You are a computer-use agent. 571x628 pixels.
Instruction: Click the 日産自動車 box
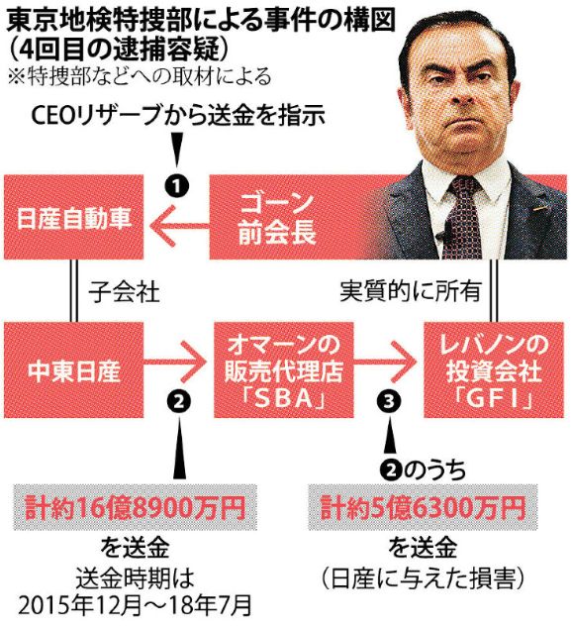click(73, 217)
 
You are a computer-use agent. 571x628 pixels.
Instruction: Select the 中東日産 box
click(73, 370)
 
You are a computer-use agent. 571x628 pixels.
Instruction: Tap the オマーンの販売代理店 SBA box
click(284, 370)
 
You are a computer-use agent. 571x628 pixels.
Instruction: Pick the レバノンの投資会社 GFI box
click(496, 370)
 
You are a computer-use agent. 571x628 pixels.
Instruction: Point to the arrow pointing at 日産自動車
click(179, 225)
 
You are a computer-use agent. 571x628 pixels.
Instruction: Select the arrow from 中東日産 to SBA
click(173, 362)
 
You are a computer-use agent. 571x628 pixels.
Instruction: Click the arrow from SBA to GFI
click(384, 362)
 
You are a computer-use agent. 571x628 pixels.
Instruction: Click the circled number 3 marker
click(389, 401)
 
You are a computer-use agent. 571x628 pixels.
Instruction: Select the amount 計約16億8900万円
click(136, 508)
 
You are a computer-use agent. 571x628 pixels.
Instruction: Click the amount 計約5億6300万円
click(423, 508)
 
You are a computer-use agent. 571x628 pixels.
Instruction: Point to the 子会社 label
click(124, 291)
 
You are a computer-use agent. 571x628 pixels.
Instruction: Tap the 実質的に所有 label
click(410, 290)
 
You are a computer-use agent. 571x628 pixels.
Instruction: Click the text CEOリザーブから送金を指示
click(178, 115)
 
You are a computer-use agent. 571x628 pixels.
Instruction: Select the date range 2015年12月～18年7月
click(135, 605)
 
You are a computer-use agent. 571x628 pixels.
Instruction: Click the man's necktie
click(465, 216)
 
